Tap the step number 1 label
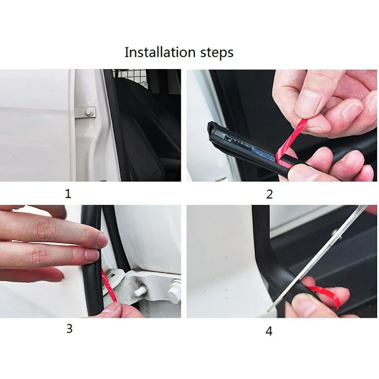[68, 194]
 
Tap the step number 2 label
[269, 194]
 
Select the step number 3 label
[69, 328]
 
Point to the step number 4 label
[269, 331]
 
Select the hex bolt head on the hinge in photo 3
[174, 292]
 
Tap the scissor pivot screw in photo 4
[334, 232]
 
